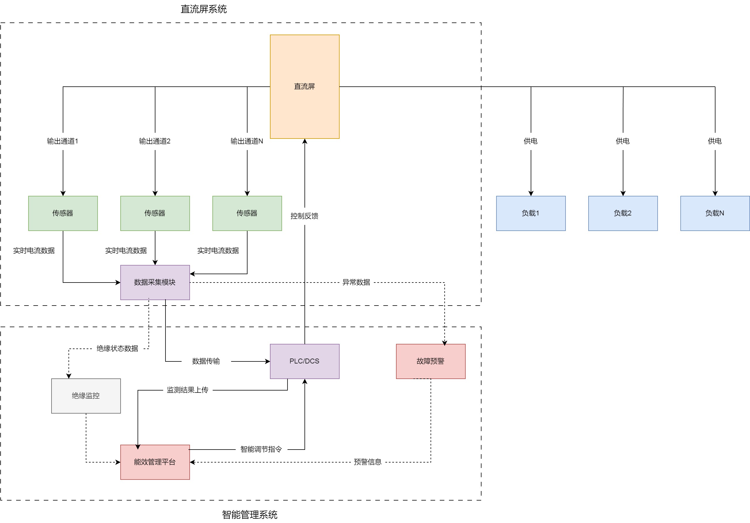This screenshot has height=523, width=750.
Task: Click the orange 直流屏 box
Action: coord(304,86)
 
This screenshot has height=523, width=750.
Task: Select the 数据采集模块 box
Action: coord(155,282)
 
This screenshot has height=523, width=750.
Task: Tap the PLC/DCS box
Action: coord(304,361)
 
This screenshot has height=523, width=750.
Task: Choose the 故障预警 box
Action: coord(431,361)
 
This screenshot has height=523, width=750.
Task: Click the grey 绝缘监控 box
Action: coord(86,395)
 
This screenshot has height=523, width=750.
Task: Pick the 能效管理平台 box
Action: coord(155,462)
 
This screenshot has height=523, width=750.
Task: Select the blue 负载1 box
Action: coord(530,213)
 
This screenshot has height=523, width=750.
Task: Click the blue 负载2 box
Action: coord(623,213)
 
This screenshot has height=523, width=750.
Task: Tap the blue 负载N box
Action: coord(715,213)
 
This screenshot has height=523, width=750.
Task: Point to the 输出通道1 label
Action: coord(63,141)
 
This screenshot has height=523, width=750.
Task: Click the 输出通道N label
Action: coord(247,141)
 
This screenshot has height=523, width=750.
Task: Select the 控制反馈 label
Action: coord(304,216)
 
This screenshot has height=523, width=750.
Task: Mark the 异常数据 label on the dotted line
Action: coord(356,283)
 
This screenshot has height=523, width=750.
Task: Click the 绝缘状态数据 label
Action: coord(117,348)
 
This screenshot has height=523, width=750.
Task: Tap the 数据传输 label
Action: coord(206,361)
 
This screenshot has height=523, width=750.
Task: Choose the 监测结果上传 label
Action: coord(188,390)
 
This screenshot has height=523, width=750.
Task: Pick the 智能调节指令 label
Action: coord(261,450)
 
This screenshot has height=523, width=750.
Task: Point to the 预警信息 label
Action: coord(368,462)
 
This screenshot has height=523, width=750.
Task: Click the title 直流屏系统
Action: coord(203,9)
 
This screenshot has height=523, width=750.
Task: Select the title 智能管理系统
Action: coord(250,515)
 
